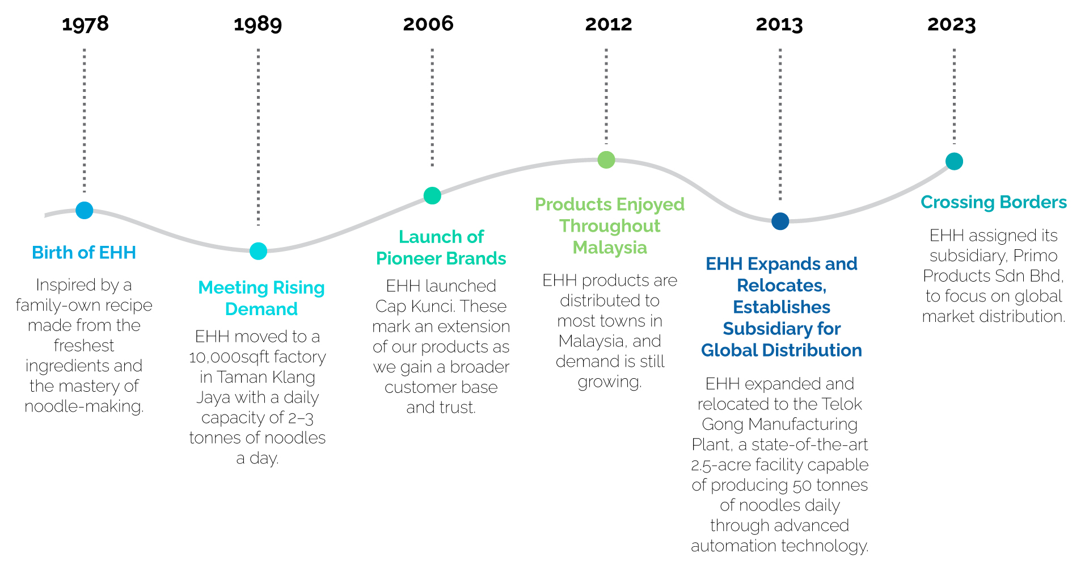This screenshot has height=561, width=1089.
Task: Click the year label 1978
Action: (x=85, y=24)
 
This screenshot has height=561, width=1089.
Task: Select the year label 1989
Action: (x=258, y=24)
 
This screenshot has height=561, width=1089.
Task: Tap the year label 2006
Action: (x=428, y=24)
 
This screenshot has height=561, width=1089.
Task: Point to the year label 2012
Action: (x=609, y=24)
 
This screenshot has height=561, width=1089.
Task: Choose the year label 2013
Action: (x=779, y=24)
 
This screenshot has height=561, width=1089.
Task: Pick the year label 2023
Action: (x=952, y=24)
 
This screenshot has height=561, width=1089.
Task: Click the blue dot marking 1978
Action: (x=85, y=210)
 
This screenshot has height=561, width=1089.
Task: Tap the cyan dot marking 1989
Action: (x=259, y=251)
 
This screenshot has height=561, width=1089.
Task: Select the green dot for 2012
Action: (x=606, y=160)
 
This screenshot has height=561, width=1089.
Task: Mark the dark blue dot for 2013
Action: (x=780, y=221)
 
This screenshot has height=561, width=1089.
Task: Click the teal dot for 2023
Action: (x=955, y=161)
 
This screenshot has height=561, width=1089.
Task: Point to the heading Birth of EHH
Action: (x=84, y=253)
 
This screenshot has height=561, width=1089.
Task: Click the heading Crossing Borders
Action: (x=994, y=203)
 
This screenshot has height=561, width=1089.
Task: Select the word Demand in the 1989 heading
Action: (x=261, y=309)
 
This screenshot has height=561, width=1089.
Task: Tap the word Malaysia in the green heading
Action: (x=610, y=248)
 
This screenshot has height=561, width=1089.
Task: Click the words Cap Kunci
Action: (x=412, y=307)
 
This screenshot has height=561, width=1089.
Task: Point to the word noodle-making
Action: (x=84, y=407)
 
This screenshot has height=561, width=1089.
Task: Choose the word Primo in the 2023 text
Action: (x=1035, y=256)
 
